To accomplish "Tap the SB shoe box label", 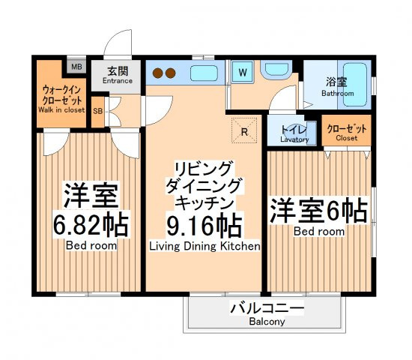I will pyautogui.click(x=98, y=112).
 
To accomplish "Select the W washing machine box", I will pyautogui.click(x=243, y=73).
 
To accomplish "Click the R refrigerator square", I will pyautogui.click(x=244, y=129).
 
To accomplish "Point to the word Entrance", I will pyautogui.click(x=117, y=81).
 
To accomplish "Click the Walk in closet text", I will pyautogui.click(x=61, y=109).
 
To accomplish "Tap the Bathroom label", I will pyautogui.click(x=338, y=94).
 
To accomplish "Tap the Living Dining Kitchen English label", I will pyautogui.click(x=204, y=246).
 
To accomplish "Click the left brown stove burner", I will pyautogui.click(x=158, y=73).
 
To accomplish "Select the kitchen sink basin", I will pyautogui.click(x=204, y=73).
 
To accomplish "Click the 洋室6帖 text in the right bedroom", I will pyautogui.click(x=319, y=210).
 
